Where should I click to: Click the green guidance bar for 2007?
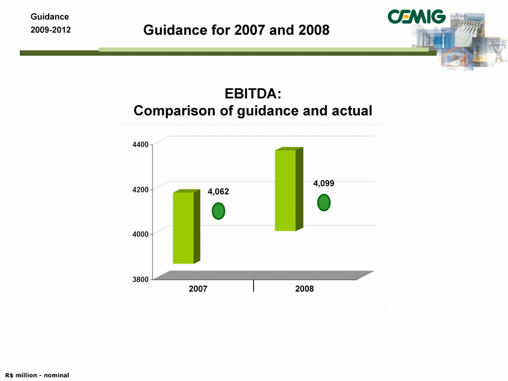point(187,227)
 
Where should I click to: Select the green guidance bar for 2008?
point(288,190)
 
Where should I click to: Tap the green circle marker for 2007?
point(218,211)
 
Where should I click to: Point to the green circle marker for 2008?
point(324,203)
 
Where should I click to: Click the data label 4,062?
point(218,192)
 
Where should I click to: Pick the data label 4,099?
point(324,184)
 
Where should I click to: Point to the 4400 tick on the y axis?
point(140,145)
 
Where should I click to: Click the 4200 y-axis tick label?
point(140,190)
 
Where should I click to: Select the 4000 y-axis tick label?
point(140,234)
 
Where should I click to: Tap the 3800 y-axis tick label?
point(140,279)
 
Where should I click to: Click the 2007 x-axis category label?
point(198,289)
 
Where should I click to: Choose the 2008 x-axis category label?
point(305,289)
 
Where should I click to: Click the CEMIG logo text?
point(417,17)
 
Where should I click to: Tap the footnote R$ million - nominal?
point(37,375)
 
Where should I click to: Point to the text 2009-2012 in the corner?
point(50,30)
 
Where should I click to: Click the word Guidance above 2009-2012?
point(50,17)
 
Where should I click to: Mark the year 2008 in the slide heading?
point(314,30)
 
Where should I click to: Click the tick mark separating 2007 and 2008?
point(253,286)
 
